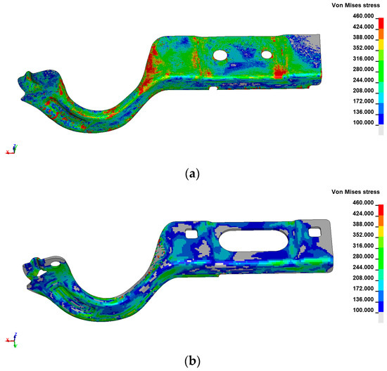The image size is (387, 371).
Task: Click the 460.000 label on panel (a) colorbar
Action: [x=363, y=16]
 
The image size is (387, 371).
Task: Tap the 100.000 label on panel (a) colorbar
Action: [x=363, y=122]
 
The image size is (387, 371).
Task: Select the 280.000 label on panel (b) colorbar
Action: [x=363, y=256]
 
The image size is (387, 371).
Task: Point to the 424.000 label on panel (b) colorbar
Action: [x=363, y=214]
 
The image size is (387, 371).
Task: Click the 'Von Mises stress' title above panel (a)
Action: [x=355, y=6]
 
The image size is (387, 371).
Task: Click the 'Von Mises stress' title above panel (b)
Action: [x=355, y=192]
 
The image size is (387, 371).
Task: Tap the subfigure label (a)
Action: [x=192, y=174]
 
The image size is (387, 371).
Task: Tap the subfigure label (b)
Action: [x=192, y=361]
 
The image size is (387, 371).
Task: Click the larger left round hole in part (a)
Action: [x=220, y=55]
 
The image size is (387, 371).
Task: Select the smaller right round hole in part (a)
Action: [x=267, y=55]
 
